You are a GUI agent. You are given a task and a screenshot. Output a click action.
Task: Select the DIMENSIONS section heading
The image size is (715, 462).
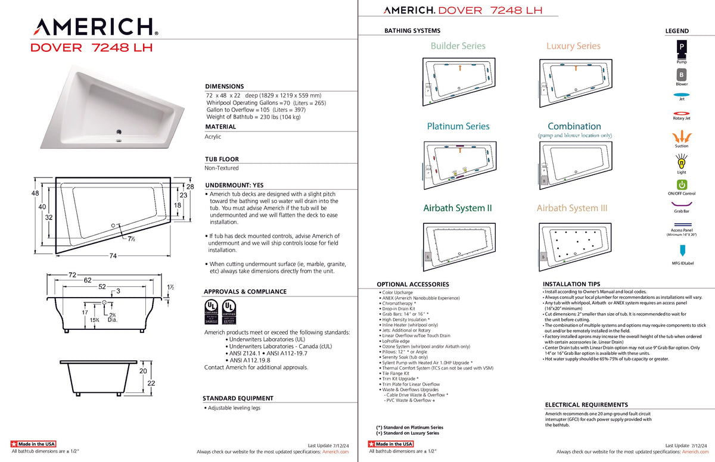coord(224,86)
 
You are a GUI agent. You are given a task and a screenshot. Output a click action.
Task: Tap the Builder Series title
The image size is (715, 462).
coord(458,46)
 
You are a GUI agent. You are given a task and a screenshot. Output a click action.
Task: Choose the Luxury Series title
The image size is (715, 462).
coord(573,46)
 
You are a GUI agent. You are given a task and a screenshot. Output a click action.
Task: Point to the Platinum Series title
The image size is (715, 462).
coord(458,126)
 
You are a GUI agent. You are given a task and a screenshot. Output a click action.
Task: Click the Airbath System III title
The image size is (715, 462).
coord(571,208)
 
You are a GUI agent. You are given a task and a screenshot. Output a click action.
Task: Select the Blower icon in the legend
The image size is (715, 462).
coord(681,74)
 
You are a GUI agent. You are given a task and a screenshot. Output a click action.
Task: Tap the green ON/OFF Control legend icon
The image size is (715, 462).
coord(682,185)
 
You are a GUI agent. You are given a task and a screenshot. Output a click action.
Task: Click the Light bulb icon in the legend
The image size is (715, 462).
coord(682,161)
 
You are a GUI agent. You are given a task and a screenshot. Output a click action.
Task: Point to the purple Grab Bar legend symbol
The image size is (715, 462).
coord(682,205)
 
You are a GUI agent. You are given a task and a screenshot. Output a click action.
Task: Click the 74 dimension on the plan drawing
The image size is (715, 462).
coord(112,256)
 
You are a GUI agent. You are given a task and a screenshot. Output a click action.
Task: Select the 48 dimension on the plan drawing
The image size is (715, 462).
coord(35,193)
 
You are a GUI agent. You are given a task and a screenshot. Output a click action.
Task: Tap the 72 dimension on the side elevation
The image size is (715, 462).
coord(73,275)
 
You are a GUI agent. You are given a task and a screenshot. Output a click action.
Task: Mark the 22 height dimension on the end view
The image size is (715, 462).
coord(151,383)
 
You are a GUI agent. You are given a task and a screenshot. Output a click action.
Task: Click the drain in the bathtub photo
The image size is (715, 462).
coord(119,132)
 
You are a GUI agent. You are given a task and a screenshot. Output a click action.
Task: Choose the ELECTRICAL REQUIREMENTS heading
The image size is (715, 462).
coord(586,405)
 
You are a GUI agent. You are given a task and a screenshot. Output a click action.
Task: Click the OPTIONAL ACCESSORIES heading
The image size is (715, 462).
coord(412,285)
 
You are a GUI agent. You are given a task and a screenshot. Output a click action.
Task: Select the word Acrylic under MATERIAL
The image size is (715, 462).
coord(213,136)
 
